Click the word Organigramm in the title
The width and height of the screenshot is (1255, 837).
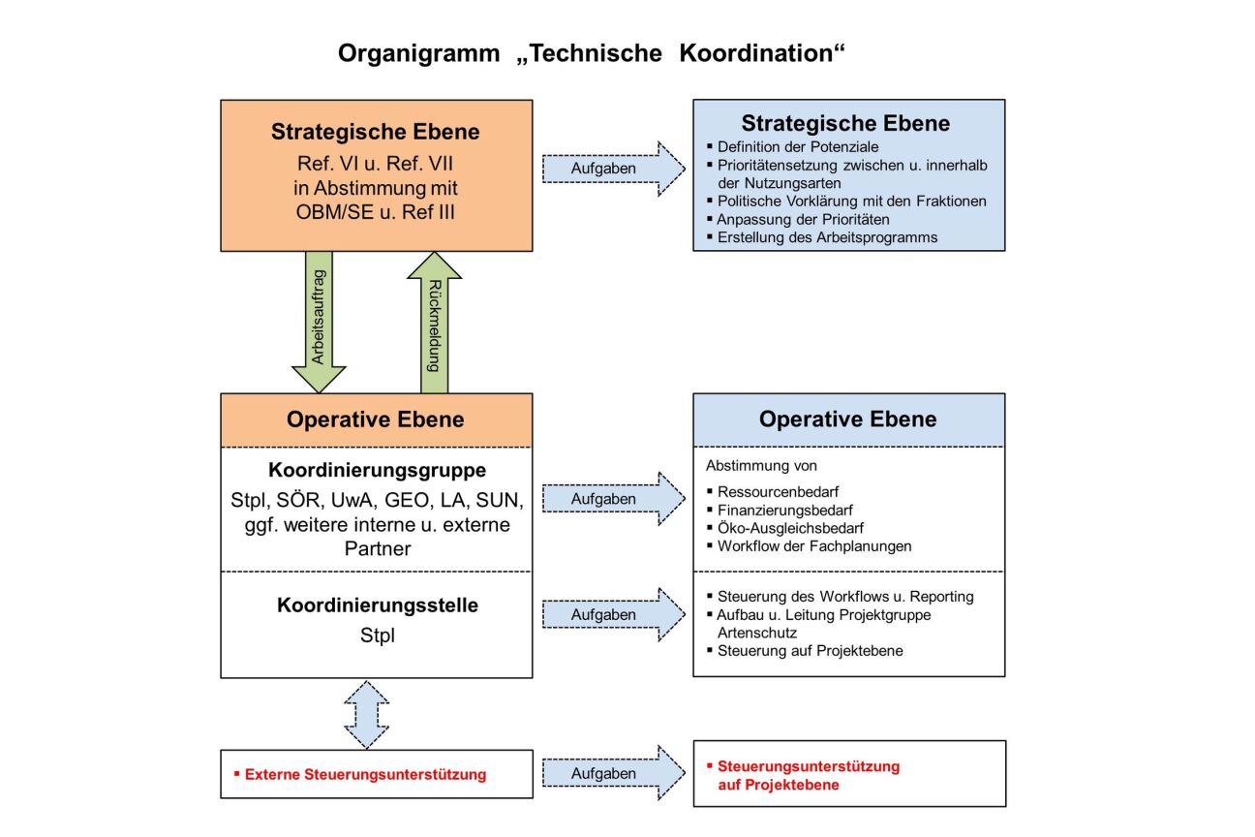click(x=418, y=53)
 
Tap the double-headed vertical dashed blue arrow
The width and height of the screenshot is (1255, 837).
click(x=367, y=714)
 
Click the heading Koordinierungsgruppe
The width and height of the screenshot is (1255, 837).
click(x=377, y=471)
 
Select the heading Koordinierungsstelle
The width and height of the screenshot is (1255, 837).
click(x=377, y=606)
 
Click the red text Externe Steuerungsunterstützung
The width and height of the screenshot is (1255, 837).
click(x=365, y=775)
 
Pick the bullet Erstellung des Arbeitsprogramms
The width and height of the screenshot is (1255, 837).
click(x=827, y=237)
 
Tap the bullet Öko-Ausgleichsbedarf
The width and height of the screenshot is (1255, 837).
click(x=790, y=528)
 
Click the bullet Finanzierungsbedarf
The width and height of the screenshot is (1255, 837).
click(x=784, y=510)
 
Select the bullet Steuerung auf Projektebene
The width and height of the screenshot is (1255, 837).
click(x=810, y=651)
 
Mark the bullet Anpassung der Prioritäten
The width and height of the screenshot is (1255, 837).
click(x=803, y=219)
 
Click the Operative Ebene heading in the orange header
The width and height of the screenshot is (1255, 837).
click(x=376, y=419)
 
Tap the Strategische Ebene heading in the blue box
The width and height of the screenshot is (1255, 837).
click(x=845, y=123)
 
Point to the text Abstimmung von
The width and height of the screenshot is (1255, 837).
click(x=761, y=466)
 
